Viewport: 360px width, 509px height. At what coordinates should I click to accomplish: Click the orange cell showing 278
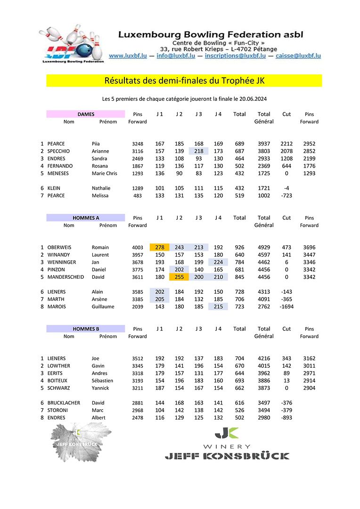(159, 247)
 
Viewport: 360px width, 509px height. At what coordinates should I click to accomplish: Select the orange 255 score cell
(179, 277)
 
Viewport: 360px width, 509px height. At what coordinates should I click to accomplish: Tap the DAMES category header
(86, 114)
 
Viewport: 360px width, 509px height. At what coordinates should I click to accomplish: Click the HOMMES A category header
(86, 218)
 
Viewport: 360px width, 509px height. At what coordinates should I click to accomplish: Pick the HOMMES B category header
(86, 329)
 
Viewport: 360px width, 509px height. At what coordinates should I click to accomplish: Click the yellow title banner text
(184, 81)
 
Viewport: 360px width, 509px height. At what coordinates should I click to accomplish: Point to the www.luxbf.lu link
(128, 56)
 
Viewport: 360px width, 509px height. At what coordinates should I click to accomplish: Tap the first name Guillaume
(103, 307)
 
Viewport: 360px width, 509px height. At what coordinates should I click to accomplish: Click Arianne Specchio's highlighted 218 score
(198, 151)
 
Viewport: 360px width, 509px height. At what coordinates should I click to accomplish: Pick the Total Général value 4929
(264, 247)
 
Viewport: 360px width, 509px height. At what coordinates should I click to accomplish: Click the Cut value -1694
(286, 307)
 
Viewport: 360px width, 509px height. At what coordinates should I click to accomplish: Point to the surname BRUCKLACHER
(64, 403)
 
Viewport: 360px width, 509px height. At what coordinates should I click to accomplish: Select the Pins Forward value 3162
(309, 358)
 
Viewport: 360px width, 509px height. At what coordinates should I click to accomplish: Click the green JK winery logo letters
(227, 433)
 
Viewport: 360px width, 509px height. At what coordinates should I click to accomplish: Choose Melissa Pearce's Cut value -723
(286, 195)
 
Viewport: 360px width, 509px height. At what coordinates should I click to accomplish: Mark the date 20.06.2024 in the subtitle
(253, 99)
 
